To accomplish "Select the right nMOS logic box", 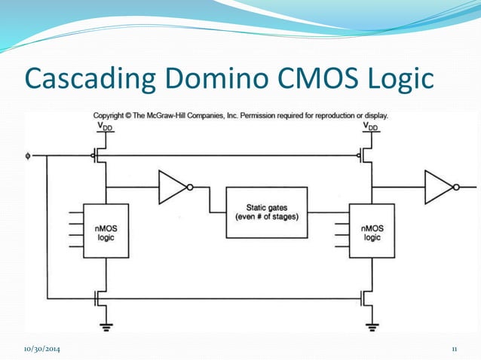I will (x=372, y=231).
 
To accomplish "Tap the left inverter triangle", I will (x=173, y=188).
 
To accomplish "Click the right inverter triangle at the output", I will (x=439, y=188).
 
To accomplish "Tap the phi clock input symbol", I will (x=28, y=157).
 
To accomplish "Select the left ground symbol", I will (x=106, y=326).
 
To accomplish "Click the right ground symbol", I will (x=372, y=326).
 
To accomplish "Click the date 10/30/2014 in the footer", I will (x=42, y=349).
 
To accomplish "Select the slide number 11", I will (x=455, y=349).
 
